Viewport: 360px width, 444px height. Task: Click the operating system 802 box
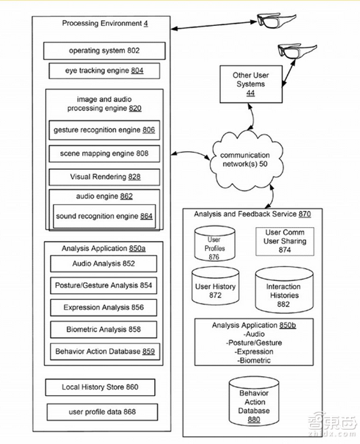pyautogui.click(x=104, y=51)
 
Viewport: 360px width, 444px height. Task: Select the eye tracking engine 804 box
pyautogui.click(x=104, y=71)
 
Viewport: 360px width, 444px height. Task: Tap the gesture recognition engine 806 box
pyautogui.click(x=104, y=130)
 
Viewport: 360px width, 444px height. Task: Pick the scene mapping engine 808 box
pyautogui.click(x=104, y=153)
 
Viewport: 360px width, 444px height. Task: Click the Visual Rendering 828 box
pyautogui.click(x=104, y=177)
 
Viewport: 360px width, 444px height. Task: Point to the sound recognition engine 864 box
pyautogui.click(x=104, y=216)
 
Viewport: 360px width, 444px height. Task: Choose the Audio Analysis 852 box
pyautogui.click(x=104, y=263)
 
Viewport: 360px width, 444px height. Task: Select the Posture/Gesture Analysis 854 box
pyautogui.click(x=104, y=286)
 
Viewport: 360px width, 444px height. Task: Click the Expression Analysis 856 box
pyautogui.click(x=104, y=307)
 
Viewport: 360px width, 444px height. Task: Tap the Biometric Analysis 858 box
pyautogui.click(x=104, y=329)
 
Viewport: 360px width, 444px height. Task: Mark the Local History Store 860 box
pyautogui.click(x=100, y=387)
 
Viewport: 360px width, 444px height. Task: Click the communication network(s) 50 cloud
pyautogui.click(x=245, y=159)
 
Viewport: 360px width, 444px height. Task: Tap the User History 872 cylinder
pyautogui.click(x=215, y=289)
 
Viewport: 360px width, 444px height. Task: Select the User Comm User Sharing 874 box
pyautogui.click(x=285, y=241)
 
